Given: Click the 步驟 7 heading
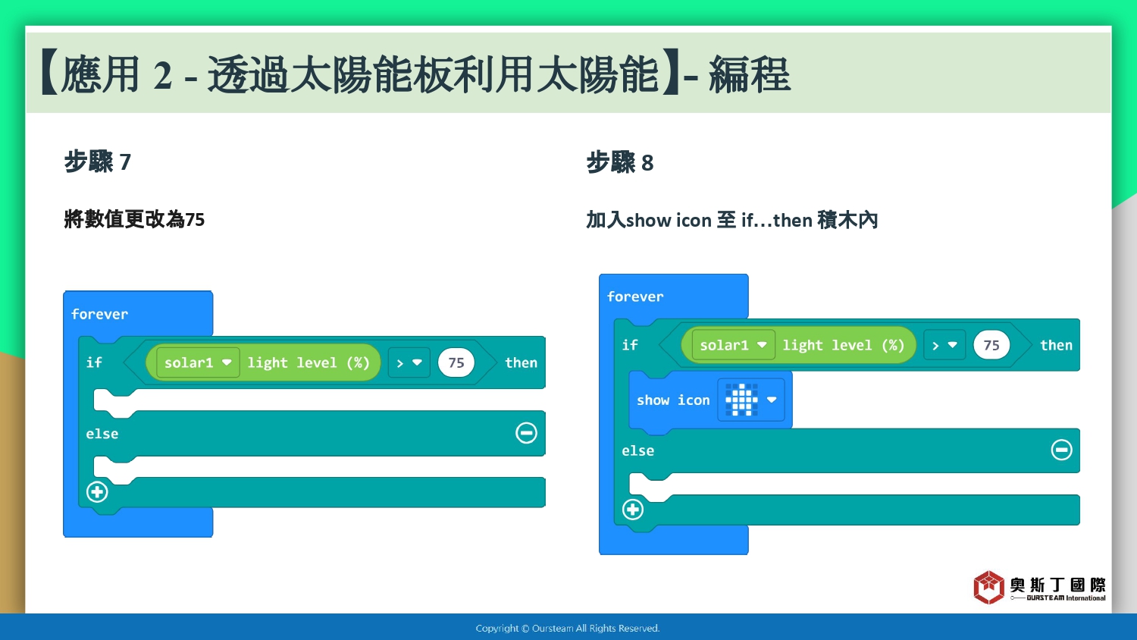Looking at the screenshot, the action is (x=98, y=162).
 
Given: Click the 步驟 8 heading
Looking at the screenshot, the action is (x=620, y=162).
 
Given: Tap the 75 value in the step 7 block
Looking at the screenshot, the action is (x=456, y=362).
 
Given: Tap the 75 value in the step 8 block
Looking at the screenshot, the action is (x=991, y=345).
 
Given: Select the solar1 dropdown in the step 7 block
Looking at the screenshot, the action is (x=198, y=362).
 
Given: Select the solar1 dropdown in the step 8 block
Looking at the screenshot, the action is (x=734, y=345).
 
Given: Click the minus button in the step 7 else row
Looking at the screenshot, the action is (x=526, y=433).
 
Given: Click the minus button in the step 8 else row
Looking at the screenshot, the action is (x=1061, y=450).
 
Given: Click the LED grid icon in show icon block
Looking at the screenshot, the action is (x=741, y=400).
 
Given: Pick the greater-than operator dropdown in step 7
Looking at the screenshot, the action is (x=409, y=362).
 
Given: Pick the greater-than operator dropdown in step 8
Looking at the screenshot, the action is (x=944, y=345).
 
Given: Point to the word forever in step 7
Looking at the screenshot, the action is (x=99, y=315).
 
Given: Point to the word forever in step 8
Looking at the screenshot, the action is (x=635, y=296).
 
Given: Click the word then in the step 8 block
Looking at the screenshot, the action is (x=1057, y=345).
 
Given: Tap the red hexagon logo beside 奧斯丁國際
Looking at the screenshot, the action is (x=988, y=588).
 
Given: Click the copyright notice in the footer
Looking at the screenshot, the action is (x=568, y=629).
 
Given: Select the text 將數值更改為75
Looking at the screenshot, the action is (x=134, y=219).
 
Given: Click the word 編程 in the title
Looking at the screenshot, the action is (x=749, y=74).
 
